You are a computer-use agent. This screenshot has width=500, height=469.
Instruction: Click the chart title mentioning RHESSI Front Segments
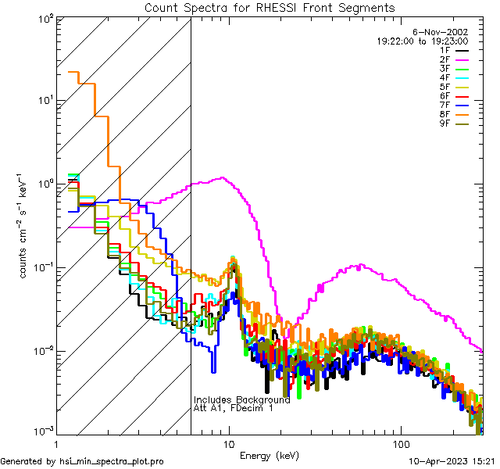tap(270, 7)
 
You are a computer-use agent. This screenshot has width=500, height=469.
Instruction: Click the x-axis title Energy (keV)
tap(269, 455)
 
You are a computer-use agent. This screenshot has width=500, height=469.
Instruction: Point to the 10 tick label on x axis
tap(228, 442)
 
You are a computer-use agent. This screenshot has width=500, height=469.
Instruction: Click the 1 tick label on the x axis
tap(57, 442)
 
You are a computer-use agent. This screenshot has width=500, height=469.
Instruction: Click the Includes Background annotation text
tap(242, 399)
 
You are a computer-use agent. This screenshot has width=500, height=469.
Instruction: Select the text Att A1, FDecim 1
tap(234, 408)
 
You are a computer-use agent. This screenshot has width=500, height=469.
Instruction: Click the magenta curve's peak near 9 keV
tap(223, 177)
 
